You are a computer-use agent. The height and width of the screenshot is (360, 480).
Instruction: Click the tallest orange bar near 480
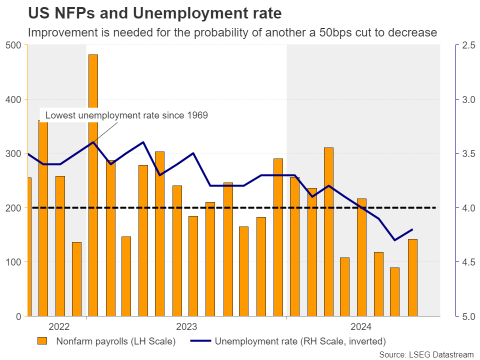pos(93,185)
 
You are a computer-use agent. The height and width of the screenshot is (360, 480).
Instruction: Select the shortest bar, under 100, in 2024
pos(395,292)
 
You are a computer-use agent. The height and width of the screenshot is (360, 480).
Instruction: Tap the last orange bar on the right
pos(412,277)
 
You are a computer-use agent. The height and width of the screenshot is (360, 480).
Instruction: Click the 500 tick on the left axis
pos(13,45)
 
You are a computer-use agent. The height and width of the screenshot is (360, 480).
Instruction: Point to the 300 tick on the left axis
pos(13,153)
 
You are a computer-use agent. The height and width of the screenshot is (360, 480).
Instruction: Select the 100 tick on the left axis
pos(13,262)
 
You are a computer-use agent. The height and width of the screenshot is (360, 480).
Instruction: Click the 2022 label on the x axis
pos(59,327)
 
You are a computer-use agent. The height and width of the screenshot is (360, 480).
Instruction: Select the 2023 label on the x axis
pos(186,327)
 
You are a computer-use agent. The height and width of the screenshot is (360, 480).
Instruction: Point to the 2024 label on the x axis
pos(361,327)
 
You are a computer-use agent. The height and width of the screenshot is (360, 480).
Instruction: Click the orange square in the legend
pos(43,342)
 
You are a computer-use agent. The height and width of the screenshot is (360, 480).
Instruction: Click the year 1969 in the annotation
pos(196,115)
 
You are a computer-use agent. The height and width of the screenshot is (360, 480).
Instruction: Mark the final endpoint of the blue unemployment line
pos(412,229)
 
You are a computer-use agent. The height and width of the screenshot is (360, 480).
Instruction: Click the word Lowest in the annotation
pos(59,115)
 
